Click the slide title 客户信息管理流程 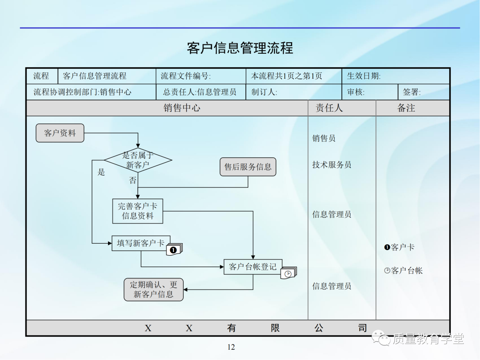point(240,48)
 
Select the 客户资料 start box point(60,133)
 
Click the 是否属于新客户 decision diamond point(138,160)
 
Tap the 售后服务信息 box point(248,167)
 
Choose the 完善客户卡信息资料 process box point(138,211)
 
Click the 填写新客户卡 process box point(141,243)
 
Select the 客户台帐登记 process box point(253,267)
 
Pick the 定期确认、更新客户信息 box point(153,290)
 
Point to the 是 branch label point(101,172)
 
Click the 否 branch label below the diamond point(133,180)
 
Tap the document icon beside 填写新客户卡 point(175,249)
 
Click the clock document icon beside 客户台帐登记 point(288,273)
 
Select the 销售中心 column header point(182,108)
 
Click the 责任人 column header point(329,108)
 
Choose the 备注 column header point(406,108)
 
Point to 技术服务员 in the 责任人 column point(332,165)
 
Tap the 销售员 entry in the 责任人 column point(324,138)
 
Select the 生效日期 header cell point(364,76)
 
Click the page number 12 point(231,347)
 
